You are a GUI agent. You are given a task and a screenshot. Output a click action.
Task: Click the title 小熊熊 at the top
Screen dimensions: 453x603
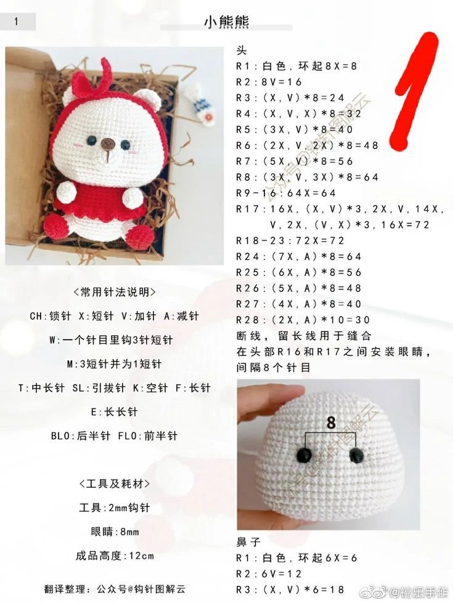226,22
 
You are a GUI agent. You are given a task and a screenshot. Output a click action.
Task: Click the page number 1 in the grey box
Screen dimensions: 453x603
16,22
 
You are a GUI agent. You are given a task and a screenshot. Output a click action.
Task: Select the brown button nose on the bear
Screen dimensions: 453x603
108,144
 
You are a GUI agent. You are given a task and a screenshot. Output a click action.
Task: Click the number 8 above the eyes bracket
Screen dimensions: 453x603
331,423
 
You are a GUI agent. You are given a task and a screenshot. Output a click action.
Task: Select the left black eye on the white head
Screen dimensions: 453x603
305,455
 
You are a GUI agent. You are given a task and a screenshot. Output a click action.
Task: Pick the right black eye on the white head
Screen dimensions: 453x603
356,455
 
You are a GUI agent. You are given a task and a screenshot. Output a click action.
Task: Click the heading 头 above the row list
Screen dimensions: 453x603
242,51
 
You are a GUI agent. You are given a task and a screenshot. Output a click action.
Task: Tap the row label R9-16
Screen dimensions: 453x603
252,193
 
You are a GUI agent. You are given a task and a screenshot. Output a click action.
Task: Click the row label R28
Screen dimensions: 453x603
247,320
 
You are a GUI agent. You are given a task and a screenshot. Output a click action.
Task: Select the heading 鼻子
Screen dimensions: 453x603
248,542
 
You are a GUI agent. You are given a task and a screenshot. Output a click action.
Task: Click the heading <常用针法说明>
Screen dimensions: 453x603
115,293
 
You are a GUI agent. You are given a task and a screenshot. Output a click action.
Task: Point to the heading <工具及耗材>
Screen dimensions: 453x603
115,484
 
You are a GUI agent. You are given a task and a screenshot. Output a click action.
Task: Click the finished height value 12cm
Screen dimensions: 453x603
141,556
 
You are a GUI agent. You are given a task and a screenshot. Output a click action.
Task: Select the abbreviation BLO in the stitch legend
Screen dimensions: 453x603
61,435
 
